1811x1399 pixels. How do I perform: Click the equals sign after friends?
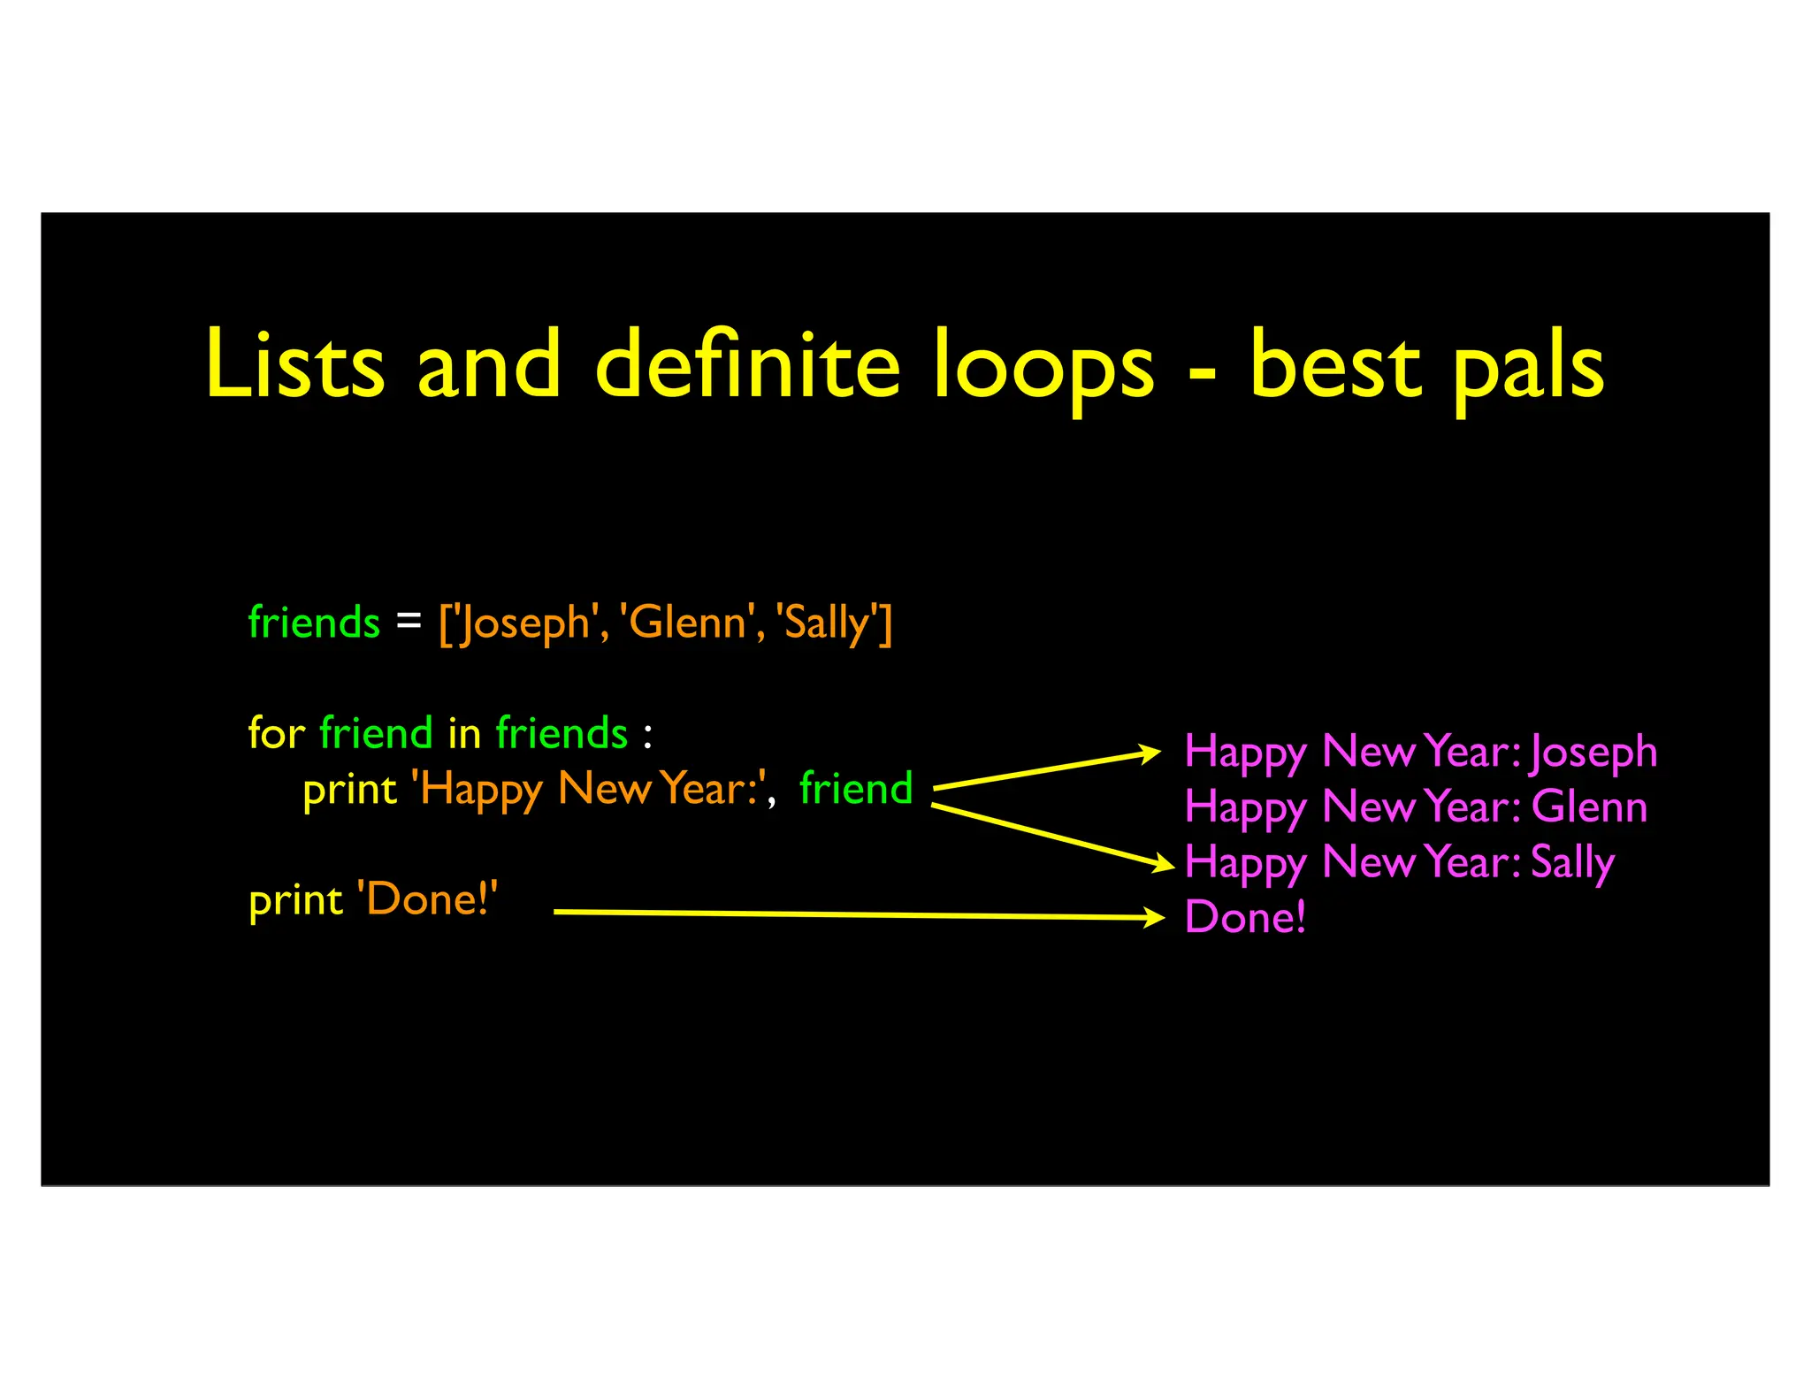409,621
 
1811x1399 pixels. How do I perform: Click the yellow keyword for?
276,733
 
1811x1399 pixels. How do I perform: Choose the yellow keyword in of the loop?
464,733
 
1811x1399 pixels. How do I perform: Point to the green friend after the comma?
855,788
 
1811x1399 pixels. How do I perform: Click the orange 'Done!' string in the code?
427,899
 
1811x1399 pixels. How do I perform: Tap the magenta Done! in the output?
1244,917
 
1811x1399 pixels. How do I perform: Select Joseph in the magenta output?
1593,753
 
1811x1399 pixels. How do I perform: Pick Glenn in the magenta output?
1589,807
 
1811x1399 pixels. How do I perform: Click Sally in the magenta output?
1572,863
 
